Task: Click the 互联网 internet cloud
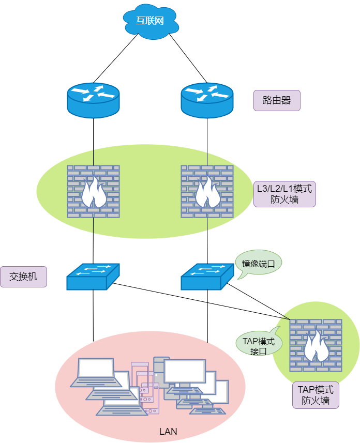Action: click(151, 22)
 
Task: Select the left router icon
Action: click(93, 100)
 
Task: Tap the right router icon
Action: click(207, 100)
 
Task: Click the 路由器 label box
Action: click(277, 100)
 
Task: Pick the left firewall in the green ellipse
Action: click(93, 192)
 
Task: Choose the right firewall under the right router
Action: click(207, 192)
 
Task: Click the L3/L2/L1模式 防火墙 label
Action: click(284, 194)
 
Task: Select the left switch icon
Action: click(93, 277)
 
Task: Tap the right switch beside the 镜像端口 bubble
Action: click(207, 277)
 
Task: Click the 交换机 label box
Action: click(23, 277)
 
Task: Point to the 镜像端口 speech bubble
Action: click(258, 264)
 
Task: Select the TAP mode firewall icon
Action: click(316, 345)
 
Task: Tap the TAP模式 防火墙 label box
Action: click(316, 395)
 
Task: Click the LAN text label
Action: click(168, 432)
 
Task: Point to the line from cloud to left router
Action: click(116, 58)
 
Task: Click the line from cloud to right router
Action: click(188, 58)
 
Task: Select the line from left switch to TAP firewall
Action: click(201, 301)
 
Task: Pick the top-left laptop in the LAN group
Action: click(96, 372)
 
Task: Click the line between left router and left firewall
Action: click(93, 142)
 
